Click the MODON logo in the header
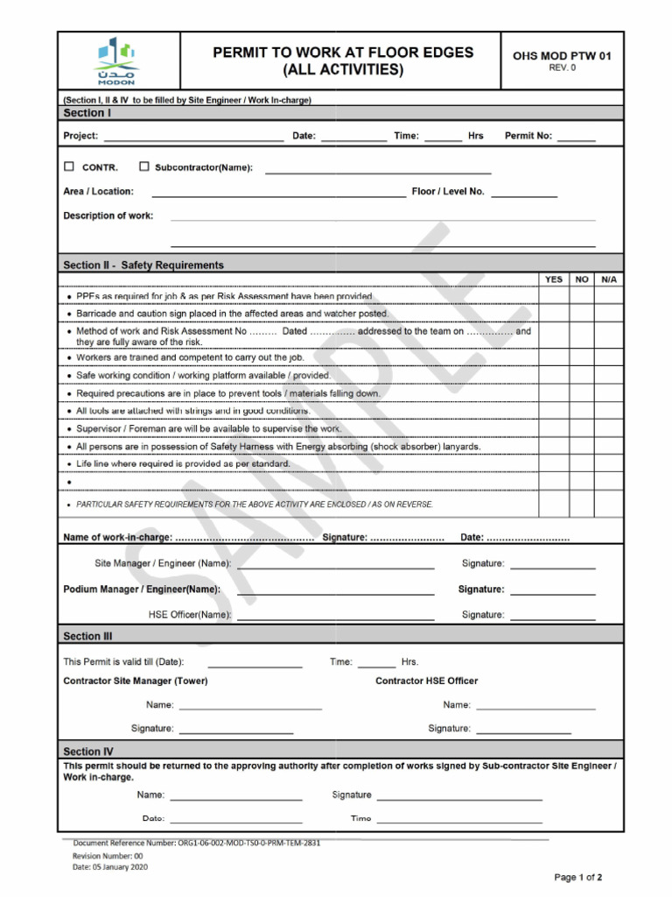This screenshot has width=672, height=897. pyautogui.click(x=117, y=60)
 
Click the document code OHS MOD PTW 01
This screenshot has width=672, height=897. pyautogui.click(x=562, y=56)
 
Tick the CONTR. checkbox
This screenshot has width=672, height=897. pyautogui.click(x=69, y=166)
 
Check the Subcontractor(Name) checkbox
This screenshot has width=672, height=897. pyautogui.click(x=144, y=166)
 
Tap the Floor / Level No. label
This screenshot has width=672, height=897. pyautogui.click(x=448, y=191)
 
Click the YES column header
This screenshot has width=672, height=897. pyautogui.click(x=554, y=279)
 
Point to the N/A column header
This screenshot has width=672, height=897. pyautogui.click(x=609, y=279)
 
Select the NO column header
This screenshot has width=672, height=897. pyautogui.click(x=582, y=279)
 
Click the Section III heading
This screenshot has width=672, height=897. pyautogui.click(x=87, y=636)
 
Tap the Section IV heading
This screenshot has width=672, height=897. pyautogui.click(x=88, y=751)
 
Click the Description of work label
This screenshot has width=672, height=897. pyautogui.click(x=108, y=215)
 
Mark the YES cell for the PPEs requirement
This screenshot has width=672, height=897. pyautogui.click(x=554, y=296)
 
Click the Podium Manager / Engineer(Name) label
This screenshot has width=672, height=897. pyautogui.click(x=142, y=590)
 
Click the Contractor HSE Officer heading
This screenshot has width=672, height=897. pyautogui.click(x=427, y=681)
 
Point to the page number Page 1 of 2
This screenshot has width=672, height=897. pyautogui.click(x=578, y=877)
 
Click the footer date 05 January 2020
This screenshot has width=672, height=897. pyautogui.click(x=110, y=866)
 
